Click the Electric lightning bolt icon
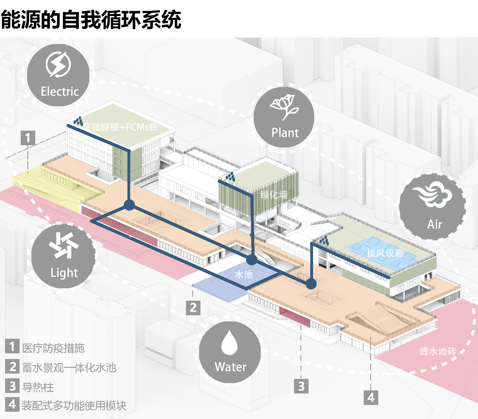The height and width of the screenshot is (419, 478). [x=58, y=65]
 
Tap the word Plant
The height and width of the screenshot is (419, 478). [x=285, y=133]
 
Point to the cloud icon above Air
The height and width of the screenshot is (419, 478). [x=432, y=194]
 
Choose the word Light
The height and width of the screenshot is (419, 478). [x=64, y=273]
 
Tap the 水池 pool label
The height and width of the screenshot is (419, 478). [x=244, y=274]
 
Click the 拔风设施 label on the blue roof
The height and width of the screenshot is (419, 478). [x=385, y=253]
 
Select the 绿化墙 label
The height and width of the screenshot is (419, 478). [x=274, y=195]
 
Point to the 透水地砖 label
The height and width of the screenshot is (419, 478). [x=438, y=351]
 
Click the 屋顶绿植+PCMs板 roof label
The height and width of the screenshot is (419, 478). [x=120, y=127]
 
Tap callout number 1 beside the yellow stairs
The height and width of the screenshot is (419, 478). [x=28, y=138]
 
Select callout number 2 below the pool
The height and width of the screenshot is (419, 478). [x=193, y=308]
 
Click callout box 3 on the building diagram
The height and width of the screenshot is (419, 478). [x=301, y=386]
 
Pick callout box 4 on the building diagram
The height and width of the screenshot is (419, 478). [x=371, y=397]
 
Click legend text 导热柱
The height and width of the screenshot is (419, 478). [x=38, y=387]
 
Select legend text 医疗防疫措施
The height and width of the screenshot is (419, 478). [x=53, y=348]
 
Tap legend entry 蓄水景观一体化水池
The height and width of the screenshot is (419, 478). [x=69, y=368]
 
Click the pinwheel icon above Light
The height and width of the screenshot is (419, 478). [x=63, y=245]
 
